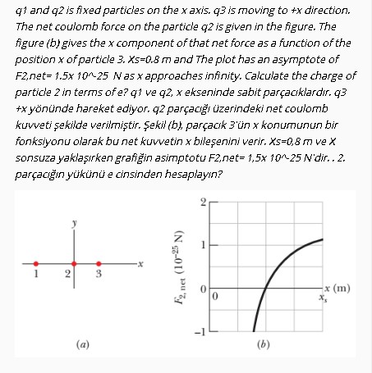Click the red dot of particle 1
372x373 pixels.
click(34, 264)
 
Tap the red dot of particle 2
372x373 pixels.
click(74, 264)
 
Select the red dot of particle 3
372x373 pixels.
click(97, 264)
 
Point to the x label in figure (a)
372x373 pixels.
click(141, 264)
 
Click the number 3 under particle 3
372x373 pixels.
click(97, 276)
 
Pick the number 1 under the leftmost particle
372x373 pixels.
click(34, 275)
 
